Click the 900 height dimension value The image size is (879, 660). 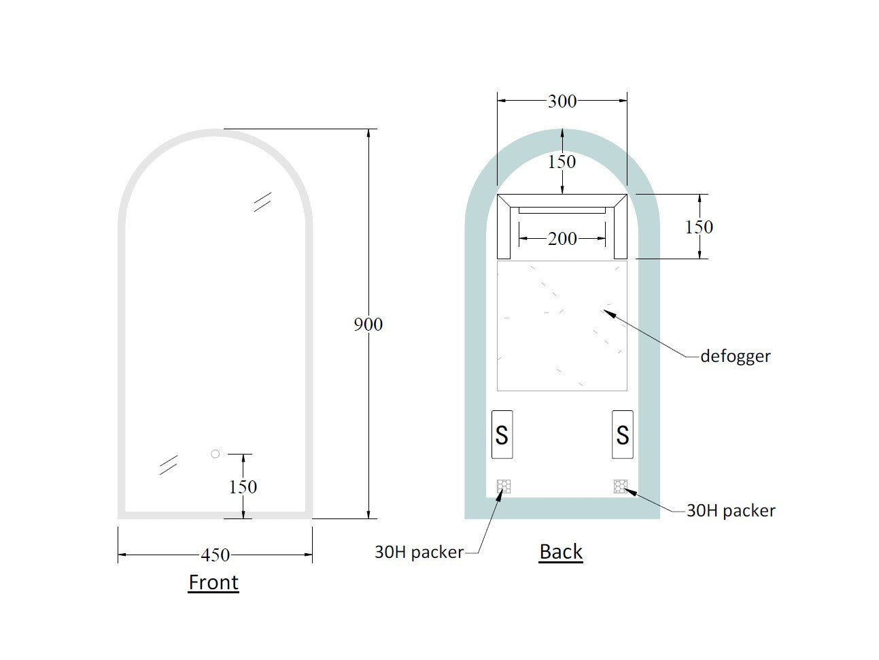click(368, 325)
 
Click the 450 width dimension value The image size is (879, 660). click(215, 555)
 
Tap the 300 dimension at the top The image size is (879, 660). click(562, 101)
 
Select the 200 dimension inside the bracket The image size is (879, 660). click(562, 239)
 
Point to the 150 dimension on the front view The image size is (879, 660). click(243, 487)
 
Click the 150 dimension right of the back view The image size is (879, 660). click(699, 227)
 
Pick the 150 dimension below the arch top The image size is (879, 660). click(562, 162)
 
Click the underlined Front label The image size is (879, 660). click(213, 582)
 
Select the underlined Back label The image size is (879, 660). click(561, 552)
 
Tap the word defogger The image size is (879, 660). click(736, 356)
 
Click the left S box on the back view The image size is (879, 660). click(502, 435)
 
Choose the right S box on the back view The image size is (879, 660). click(622, 435)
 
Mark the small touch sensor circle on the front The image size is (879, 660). click(216, 454)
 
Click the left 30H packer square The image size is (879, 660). click(504, 486)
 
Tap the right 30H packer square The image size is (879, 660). click(620, 486)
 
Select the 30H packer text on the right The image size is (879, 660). click(731, 511)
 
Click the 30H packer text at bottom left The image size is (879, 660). click(419, 552)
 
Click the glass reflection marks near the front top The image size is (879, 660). click(262, 201)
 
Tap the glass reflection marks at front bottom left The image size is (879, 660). click(169, 465)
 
